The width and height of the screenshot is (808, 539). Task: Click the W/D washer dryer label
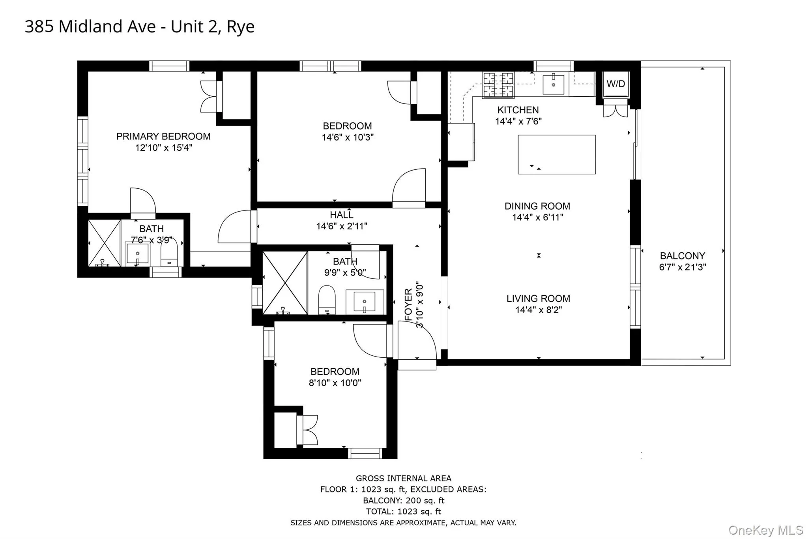615,84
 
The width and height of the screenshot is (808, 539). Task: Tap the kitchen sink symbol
553,84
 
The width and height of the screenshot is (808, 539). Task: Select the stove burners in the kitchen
498,85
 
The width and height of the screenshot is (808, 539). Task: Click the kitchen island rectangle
556,154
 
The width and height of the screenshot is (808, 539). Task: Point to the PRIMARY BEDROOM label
163,136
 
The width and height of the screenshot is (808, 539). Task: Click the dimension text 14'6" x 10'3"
347,137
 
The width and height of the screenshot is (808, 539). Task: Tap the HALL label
341,215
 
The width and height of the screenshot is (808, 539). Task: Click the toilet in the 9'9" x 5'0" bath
327,300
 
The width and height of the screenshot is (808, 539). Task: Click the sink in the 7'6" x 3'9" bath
137,254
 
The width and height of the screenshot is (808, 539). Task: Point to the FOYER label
408,304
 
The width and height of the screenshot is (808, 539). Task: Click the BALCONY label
682,255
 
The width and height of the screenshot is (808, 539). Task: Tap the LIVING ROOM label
538,299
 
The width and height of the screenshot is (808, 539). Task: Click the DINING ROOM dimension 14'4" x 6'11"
537,217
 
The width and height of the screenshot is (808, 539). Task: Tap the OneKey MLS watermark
765,530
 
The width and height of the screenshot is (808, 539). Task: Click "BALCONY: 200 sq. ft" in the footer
403,500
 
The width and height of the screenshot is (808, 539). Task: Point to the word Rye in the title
240,27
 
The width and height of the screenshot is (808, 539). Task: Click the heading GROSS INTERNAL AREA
403,478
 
